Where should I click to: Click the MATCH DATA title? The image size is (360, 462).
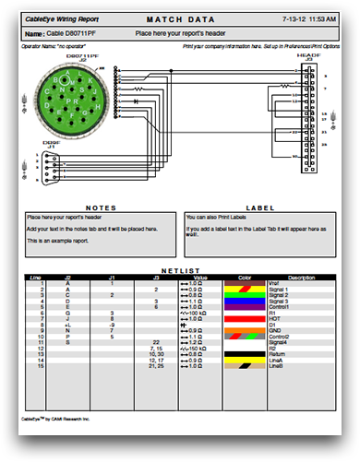[180, 18]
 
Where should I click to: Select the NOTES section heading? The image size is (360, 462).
[99, 207]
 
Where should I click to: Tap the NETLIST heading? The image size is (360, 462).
[180, 271]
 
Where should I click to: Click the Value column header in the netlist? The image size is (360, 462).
[200, 277]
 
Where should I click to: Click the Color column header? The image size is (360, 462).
[245, 277]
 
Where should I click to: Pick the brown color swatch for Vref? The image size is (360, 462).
[245, 282]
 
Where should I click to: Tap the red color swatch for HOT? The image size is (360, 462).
[245, 317]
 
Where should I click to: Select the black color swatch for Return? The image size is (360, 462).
[245, 352]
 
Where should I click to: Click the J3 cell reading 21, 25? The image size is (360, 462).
[156, 364]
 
